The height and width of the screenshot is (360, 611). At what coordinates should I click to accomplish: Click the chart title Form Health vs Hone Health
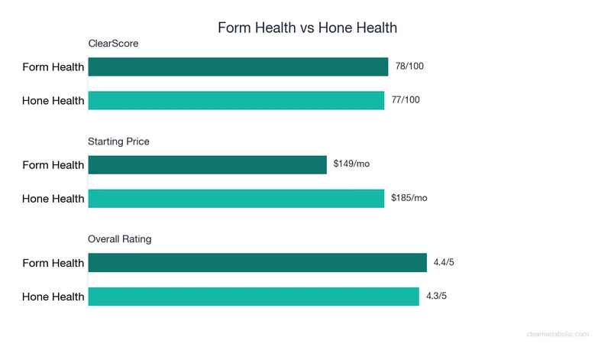coord(307,28)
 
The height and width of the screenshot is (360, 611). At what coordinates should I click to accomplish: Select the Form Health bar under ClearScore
coord(238,66)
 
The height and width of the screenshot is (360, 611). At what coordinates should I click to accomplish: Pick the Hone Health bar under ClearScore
coord(236,100)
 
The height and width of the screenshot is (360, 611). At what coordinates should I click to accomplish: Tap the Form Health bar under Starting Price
coord(207,164)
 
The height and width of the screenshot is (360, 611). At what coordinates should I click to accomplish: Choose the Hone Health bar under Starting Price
coord(236,198)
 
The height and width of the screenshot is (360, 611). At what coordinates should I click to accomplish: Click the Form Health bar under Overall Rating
coord(257,263)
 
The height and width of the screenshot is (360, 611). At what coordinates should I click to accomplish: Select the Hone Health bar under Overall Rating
coord(253,297)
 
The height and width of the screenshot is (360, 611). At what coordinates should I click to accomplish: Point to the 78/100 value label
coord(409,66)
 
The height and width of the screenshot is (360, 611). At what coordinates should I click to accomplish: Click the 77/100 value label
coord(406,100)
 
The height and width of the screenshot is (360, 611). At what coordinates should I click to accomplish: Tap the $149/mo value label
coord(352,164)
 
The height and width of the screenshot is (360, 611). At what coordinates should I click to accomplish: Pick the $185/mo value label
coord(409,198)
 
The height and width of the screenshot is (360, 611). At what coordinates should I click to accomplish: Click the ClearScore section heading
coord(113,44)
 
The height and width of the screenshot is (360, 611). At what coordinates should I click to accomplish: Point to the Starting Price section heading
coord(118,141)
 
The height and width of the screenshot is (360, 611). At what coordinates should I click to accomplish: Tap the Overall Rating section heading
coord(120,239)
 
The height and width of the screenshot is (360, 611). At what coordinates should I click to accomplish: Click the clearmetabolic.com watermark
coord(558,334)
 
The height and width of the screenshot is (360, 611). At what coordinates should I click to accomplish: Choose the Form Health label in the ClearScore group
coord(53,67)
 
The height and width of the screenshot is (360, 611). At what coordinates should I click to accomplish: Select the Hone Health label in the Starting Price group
coord(53,199)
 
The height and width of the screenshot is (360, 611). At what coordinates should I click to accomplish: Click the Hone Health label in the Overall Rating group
coord(53,297)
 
